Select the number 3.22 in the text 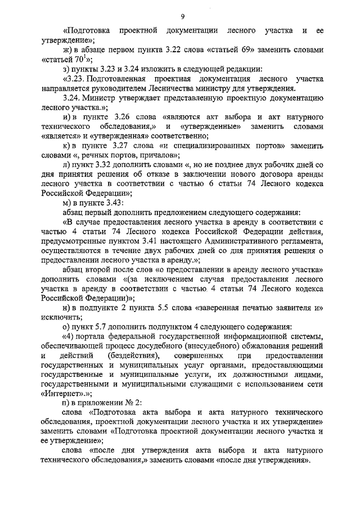(x=164, y=49)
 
